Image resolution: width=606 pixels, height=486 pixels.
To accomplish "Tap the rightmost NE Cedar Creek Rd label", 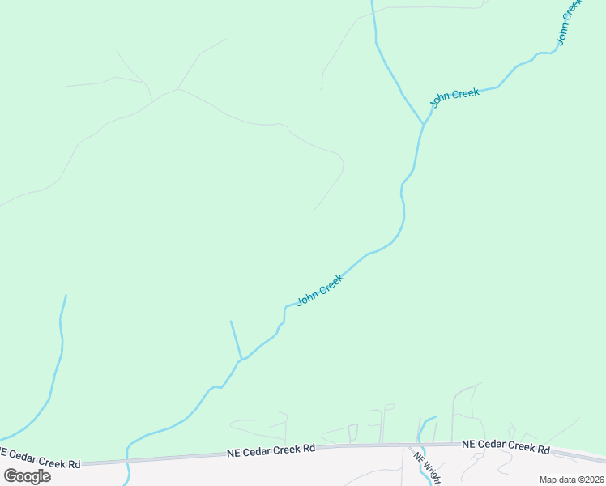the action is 506,446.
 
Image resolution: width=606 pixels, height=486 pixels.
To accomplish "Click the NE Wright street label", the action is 427,467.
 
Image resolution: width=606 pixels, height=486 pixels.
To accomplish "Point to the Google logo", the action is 27,475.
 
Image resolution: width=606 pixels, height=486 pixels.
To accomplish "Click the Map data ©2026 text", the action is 571,480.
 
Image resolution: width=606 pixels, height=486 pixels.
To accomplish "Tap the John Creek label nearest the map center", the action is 321,289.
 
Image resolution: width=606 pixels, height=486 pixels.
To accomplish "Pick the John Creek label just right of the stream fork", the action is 454,97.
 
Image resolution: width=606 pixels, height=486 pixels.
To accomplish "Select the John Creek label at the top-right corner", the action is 569,22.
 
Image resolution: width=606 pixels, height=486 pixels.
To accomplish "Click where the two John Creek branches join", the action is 422,125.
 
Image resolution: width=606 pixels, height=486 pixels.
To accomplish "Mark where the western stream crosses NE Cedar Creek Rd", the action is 127,460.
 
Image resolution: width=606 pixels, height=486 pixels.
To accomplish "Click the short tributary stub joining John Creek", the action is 236,340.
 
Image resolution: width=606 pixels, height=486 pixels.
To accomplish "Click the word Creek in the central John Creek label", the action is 331,283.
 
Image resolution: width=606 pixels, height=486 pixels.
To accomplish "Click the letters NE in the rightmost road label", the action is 469,445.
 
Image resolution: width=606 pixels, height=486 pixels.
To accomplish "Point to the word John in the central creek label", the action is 308,297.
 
